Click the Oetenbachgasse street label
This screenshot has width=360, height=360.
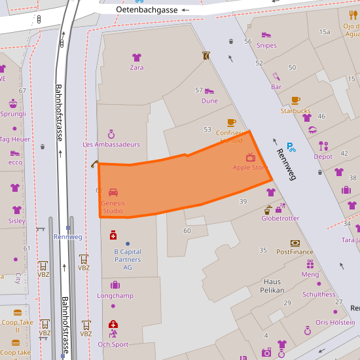pos(147,10)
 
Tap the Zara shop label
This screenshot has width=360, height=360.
pos(136,67)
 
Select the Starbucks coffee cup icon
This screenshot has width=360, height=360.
pos(296,100)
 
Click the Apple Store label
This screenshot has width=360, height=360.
pos(251,168)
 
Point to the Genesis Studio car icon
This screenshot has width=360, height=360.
pos(113,192)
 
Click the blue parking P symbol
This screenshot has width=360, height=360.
pos(291,147)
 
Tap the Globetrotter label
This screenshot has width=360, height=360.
pos(280,219)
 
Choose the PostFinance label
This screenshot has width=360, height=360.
pos(295,251)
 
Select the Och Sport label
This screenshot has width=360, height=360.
pos(113,344)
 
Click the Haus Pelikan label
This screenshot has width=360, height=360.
pos(273,285)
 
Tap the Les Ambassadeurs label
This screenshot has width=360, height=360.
pos(111,144)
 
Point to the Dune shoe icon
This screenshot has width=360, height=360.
pos(209,91)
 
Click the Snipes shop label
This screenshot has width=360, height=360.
pos(266,46)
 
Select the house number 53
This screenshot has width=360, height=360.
pos(207,130)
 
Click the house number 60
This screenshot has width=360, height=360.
pos(187,230)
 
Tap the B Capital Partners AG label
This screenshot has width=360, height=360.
pos(128,259)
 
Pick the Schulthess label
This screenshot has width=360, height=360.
pos(319,295)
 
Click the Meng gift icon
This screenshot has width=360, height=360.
pos(310,264)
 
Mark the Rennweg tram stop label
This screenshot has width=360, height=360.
pos(68,237)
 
